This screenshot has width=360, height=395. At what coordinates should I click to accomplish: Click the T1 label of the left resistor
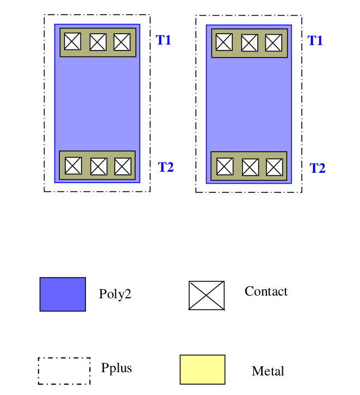[164, 40]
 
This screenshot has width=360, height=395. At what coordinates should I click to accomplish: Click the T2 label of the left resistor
[166, 167]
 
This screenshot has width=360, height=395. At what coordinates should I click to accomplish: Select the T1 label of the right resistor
[315, 41]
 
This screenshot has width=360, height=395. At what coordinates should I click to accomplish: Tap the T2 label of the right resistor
[318, 168]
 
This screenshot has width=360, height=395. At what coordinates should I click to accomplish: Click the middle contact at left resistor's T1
[97, 42]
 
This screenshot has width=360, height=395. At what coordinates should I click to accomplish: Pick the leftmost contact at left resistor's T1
[72, 41]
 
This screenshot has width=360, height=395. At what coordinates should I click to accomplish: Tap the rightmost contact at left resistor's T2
[123, 166]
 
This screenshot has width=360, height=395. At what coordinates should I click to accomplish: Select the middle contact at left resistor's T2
[98, 166]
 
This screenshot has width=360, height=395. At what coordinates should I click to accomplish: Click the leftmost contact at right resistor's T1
[224, 42]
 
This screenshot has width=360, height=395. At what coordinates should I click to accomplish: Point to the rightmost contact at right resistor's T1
[274, 42]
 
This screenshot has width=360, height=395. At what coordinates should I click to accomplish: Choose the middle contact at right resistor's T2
[250, 167]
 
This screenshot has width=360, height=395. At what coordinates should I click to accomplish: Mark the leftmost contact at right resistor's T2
[225, 166]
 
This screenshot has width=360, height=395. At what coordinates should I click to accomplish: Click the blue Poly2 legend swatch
[63, 294]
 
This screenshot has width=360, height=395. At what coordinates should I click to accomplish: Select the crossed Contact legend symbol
[207, 296]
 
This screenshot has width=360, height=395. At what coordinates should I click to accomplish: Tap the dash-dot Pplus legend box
[64, 371]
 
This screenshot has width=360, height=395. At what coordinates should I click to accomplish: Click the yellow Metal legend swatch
[202, 369]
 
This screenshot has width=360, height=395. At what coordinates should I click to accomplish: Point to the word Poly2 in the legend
[115, 294]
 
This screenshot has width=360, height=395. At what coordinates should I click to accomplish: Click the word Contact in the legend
[266, 292]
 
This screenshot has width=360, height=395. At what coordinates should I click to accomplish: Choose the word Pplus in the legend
[116, 368]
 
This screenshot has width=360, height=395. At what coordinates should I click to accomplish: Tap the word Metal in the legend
[268, 372]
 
